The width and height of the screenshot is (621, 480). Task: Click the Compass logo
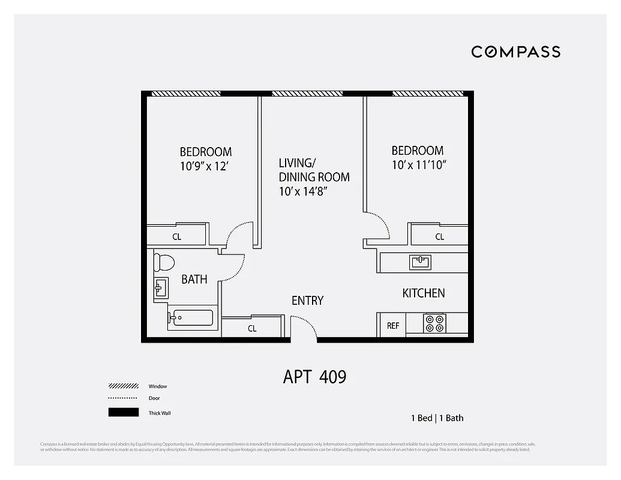515,52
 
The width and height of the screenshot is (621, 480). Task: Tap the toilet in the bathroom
164,262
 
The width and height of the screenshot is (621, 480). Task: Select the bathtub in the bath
190,317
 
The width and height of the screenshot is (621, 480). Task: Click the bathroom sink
160,288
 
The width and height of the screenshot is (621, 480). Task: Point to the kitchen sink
421,262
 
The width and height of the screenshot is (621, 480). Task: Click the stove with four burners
435,323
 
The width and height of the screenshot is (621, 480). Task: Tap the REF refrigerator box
393,326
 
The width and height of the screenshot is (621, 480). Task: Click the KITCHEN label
423,293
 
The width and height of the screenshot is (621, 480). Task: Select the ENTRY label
307,301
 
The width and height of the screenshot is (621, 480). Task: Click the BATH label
194,279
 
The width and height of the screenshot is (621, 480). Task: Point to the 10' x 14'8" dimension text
303,192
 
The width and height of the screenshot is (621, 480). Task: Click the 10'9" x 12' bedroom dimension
204,167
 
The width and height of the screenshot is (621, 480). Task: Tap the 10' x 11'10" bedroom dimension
419,165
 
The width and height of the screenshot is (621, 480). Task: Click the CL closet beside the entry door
252,328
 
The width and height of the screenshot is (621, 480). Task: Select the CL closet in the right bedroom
440,236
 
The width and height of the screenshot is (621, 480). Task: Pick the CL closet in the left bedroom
177,236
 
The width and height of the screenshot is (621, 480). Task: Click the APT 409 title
314,377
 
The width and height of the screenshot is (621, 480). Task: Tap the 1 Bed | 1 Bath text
437,418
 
